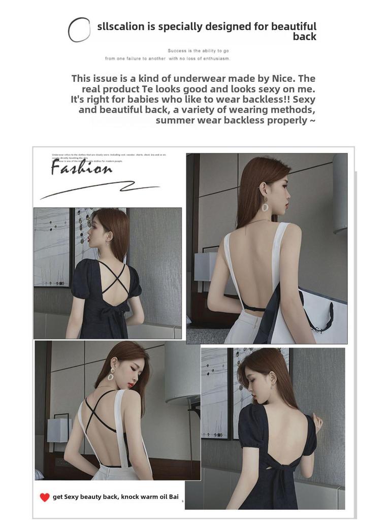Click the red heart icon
click(x=45, y=497)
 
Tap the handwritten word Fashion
click(x=81, y=169)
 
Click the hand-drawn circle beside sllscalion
click(x=79, y=29)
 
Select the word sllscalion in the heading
click(x=121, y=27)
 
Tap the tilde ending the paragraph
click(x=312, y=121)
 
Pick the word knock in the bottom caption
click(x=129, y=497)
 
